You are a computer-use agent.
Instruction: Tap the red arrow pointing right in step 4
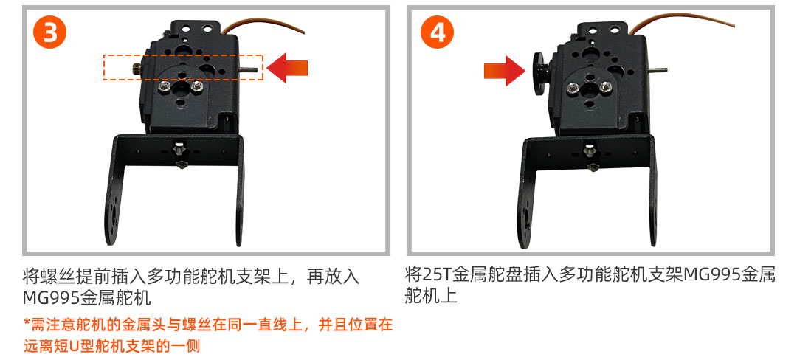click(x=504, y=71)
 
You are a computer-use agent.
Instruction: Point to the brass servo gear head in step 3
click(x=137, y=69)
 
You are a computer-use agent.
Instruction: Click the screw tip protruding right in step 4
click(x=659, y=70)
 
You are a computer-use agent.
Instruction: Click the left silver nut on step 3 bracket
click(x=164, y=88)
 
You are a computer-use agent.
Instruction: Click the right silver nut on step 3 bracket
click(x=198, y=87)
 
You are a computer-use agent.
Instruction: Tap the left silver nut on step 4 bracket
click(x=571, y=89)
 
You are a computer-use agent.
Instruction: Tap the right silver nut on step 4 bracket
click(x=605, y=87)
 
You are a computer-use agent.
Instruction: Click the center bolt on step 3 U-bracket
click(x=179, y=150)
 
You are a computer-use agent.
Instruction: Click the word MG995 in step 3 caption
click(x=51, y=298)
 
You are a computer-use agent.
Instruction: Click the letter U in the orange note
click(x=75, y=346)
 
